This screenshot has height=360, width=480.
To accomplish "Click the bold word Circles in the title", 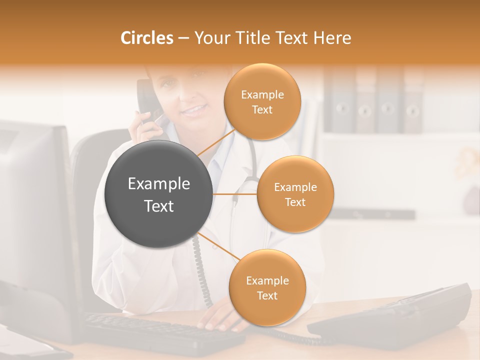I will pyautogui.click(x=146, y=38).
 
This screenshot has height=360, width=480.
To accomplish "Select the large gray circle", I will pyautogui.click(x=158, y=194).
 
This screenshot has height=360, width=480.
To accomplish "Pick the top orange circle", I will pyautogui.click(x=262, y=101).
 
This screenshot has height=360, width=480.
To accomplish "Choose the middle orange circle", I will pyautogui.click(x=295, y=194).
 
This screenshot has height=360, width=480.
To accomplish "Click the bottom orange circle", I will pyautogui.click(x=267, y=287).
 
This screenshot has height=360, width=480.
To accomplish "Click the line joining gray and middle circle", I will pyautogui.click(x=235, y=194).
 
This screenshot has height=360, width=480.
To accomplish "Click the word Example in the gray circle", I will pyautogui.click(x=158, y=184).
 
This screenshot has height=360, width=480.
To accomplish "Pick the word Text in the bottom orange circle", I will pyautogui.click(x=267, y=295).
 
